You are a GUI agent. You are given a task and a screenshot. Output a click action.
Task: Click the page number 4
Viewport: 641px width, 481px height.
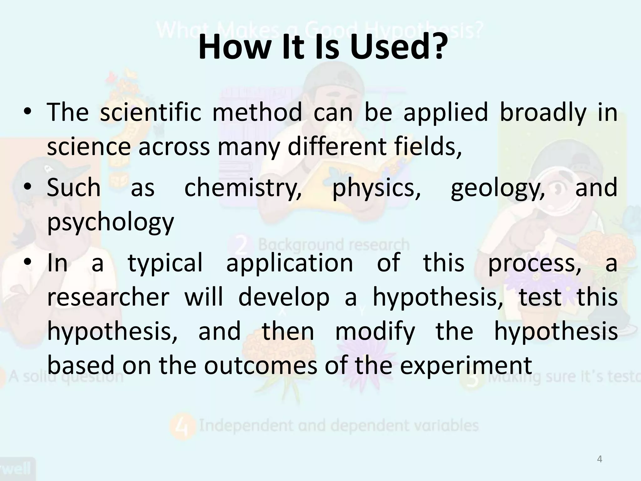point(599,459)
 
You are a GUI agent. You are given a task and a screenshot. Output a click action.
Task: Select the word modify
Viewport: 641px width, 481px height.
point(375,331)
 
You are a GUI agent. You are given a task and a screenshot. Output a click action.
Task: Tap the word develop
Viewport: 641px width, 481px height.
point(284,297)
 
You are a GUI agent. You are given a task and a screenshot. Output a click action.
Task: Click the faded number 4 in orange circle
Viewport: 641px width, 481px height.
point(182,426)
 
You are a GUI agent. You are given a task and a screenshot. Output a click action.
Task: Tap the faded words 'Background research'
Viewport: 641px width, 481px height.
point(334,245)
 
